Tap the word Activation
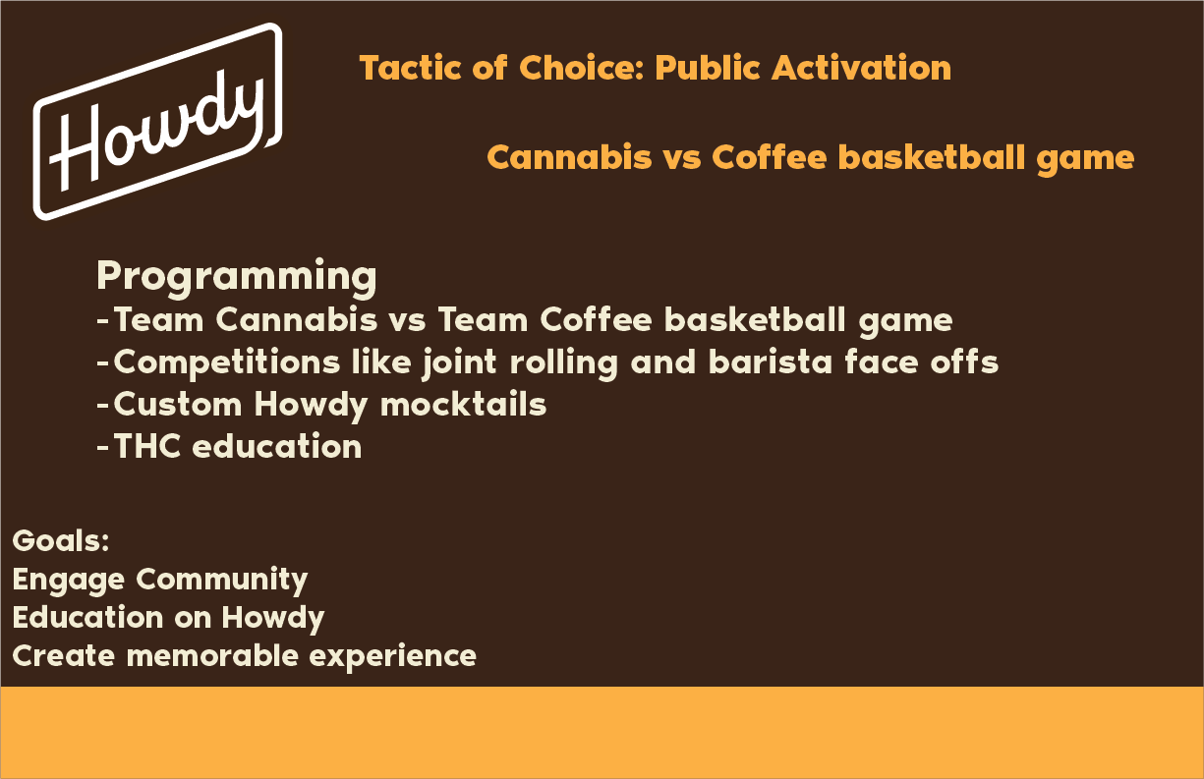tap(861, 68)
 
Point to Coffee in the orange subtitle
tap(770, 157)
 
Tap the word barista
tap(771, 362)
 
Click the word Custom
tap(177, 404)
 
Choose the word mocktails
tap(463, 404)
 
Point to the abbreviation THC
tap(146, 446)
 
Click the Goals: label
tap(61, 540)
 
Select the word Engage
tap(68, 581)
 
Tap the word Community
tap(222, 581)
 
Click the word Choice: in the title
tap(582, 68)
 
